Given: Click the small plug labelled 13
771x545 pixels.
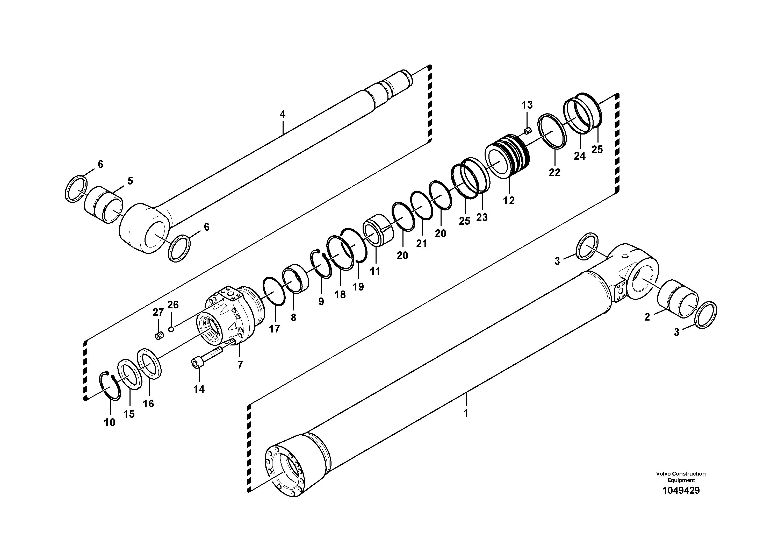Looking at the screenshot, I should (x=527, y=130).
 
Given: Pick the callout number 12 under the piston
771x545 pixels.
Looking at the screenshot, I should (x=509, y=201).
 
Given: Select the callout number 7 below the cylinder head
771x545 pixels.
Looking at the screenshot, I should (x=240, y=365).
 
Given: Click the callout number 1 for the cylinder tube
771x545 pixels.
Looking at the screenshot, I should (x=466, y=413).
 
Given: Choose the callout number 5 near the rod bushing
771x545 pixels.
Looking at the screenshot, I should (x=130, y=181).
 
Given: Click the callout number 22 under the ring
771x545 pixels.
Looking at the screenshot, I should (x=554, y=173).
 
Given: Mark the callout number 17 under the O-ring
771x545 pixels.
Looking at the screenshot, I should (x=274, y=329).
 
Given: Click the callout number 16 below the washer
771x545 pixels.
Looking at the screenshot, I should (x=148, y=404).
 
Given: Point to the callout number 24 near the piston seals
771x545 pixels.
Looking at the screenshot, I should (x=580, y=156).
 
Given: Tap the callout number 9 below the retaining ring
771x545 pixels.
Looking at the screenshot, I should (x=321, y=302).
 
